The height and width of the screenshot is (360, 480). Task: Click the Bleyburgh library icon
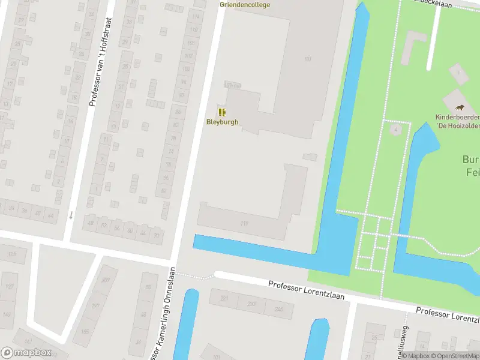pyautogui.click(x=222, y=112)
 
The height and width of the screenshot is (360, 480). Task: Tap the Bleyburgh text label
pyautogui.click(x=222, y=122)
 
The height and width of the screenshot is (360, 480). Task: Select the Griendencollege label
pyautogui.click(x=245, y=5)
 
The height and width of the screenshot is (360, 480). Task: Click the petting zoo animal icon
pyautogui.click(x=460, y=107)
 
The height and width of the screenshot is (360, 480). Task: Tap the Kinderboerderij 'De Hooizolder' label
pyautogui.click(x=457, y=122)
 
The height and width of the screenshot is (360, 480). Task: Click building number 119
pyautogui.click(x=244, y=224)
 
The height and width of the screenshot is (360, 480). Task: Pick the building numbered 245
pyautogui.click(x=278, y=310)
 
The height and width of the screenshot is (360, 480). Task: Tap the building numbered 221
pyautogui.click(x=224, y=298)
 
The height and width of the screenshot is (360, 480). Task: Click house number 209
pyautogui.click(x=106, y=280)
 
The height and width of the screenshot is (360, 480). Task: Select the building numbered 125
pyautogui.click(x=11, y=254)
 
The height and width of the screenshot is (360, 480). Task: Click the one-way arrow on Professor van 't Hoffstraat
pyautogui.click(x=71, y=214)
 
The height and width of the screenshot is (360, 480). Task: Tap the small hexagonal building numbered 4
pyautogui.click(x=396, y=129)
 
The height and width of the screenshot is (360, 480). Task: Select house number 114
pyautogui.click(x=194, y=16)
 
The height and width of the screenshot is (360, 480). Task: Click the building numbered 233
pyautogui.click(x=251, y=304)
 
